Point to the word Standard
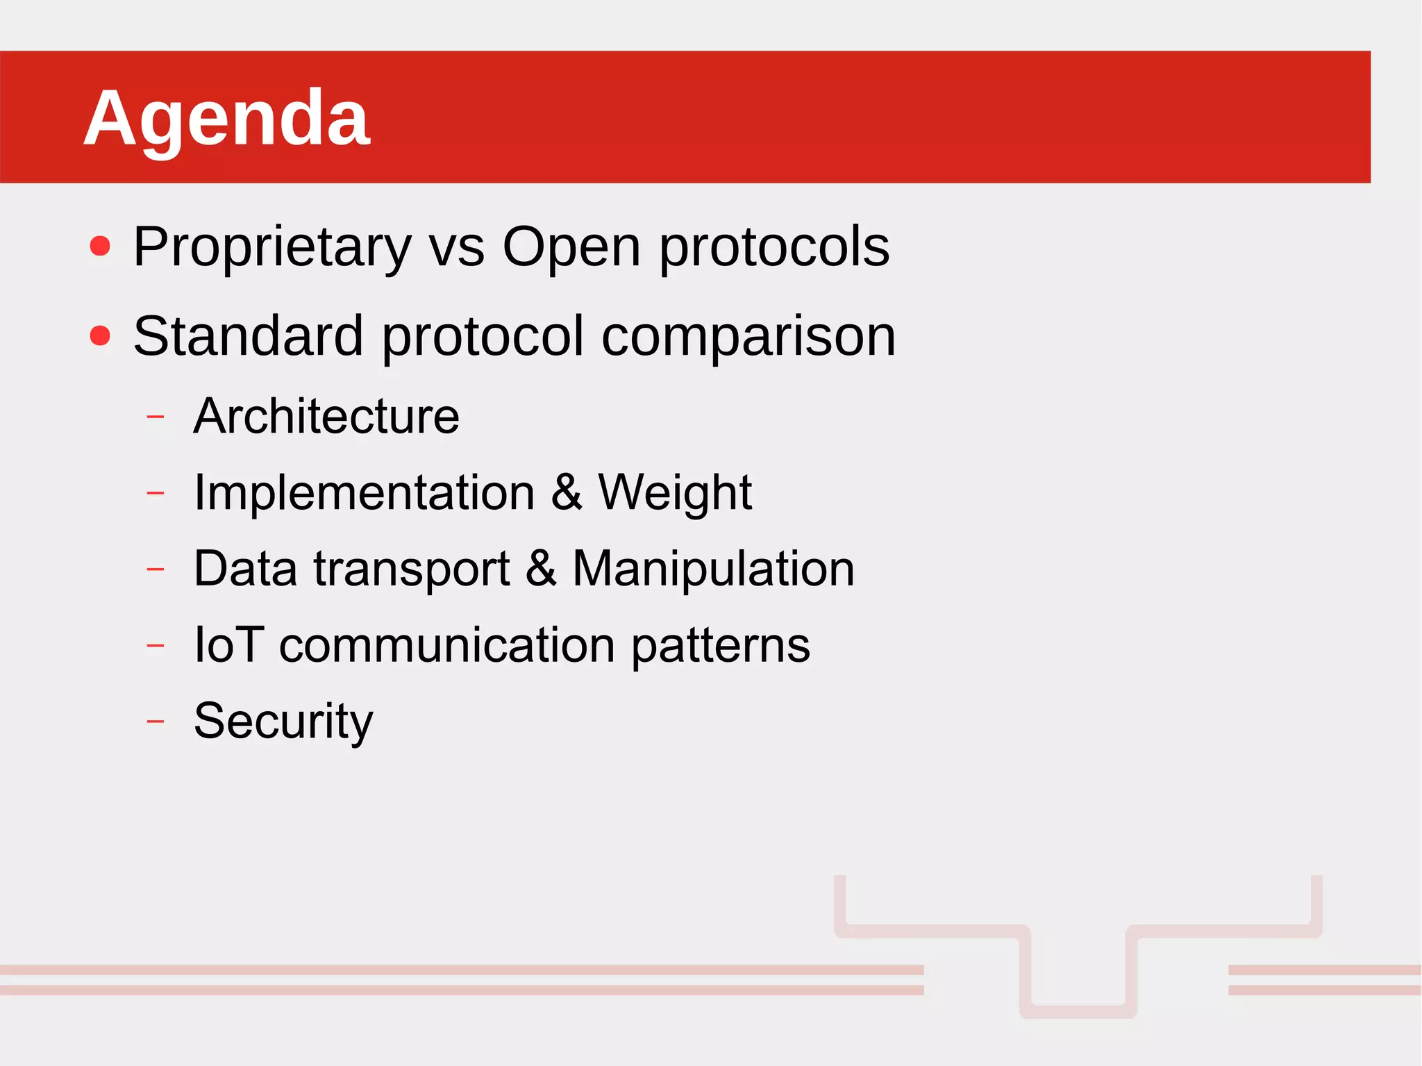coord(248,336)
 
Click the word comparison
coord(748,336)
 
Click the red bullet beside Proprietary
coord(101,246)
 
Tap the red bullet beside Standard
coord(101,335)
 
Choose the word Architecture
coord(326,417)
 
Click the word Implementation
coord(364,492)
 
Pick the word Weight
coord(674,492)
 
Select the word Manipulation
coord(713,569)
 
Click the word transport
coord(411,569)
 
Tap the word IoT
coord(228,644)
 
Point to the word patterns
coord(720,644)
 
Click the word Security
coord(283,721)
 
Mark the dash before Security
coord(156,722)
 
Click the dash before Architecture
coord(156,417)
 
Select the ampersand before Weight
coord(567,492)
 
